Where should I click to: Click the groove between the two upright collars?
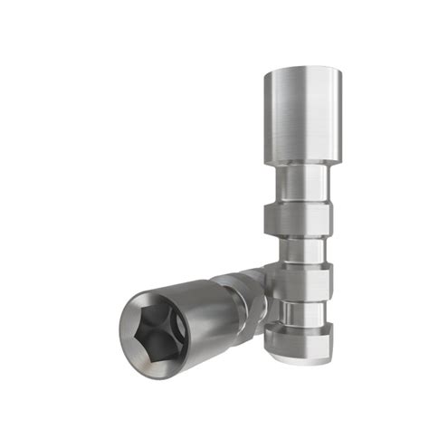[299, 247]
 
